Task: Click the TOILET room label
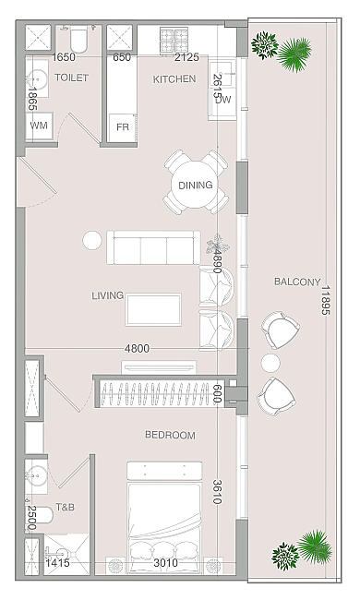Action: coord(72,78)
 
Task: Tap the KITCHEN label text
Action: coord(174,79)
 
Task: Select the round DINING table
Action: coord(196,186)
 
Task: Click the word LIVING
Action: coord(107,295)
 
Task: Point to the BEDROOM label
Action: coord(170,435)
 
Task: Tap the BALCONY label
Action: coord(297,282)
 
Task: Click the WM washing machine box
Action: coord(39,126)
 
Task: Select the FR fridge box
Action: coord(123,127)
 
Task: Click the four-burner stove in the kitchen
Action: coord(174,41)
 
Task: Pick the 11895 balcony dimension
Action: coord(325,300)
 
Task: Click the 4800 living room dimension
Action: coord(137,349)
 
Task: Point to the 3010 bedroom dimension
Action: coord(165,563)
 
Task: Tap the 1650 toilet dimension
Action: coord(64,57)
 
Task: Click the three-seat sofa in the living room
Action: coord(153,247)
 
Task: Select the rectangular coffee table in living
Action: coord(153,310)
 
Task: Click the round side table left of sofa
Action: coord(92,241)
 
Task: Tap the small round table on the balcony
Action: coord(270,363)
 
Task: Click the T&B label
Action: coord(65,508)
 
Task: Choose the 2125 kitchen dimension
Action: coord(187,57)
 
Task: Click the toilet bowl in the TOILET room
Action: coord(79,41)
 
